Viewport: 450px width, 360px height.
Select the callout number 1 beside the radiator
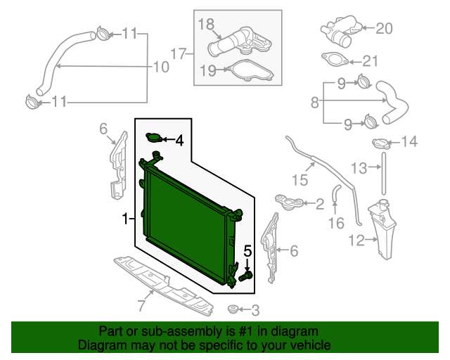point(124,219)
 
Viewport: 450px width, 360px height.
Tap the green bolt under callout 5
point(246,276)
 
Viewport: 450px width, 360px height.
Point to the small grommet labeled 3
point(233,309)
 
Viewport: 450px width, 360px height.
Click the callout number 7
point(141,305)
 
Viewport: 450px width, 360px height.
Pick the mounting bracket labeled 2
point(290,203)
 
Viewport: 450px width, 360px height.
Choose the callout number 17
point(177,52)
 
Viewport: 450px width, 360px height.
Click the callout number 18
point(205,25)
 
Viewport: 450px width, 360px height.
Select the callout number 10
point(161,67)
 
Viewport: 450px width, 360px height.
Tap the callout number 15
point(300,180)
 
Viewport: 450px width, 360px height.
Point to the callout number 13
point(359,167)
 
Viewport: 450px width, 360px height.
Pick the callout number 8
point(314,103)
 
